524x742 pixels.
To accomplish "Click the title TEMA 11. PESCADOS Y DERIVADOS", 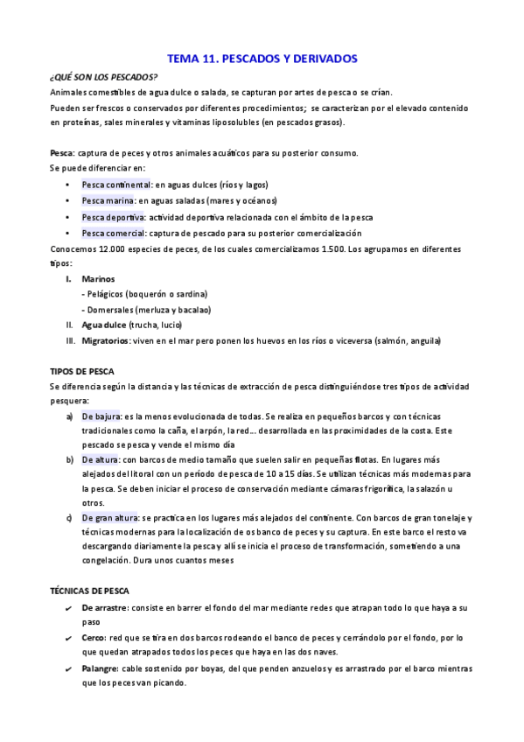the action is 262,59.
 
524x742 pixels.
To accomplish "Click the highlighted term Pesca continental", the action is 116,185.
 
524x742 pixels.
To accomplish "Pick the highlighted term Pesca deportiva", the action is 114,217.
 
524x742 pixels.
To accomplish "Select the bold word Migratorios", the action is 108,340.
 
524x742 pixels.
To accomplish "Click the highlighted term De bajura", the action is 101,416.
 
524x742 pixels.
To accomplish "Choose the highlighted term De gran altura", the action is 109,517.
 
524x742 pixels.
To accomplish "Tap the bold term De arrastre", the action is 106,606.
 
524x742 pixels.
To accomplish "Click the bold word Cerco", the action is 94,637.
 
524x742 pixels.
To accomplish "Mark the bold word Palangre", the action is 101,668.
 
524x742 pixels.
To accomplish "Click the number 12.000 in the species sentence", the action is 110,248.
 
